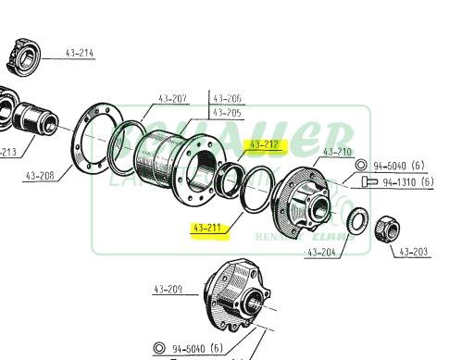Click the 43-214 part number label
80,53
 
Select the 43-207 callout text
172,98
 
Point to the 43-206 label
228,98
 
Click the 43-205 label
228,113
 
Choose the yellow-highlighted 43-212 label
265,144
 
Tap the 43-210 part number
337,151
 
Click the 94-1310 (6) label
407,182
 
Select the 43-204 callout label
321,251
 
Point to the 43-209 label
169,290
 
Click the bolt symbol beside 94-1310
369,182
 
